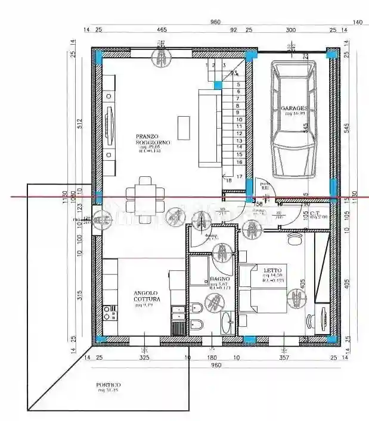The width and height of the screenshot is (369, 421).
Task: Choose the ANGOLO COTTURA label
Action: pyautogui.click(x=145, y=296)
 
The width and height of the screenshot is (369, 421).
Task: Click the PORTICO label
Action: pyautogui.click(x=108, y=385)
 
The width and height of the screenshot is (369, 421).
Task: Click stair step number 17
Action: pyautogui.click(x=238, y=177)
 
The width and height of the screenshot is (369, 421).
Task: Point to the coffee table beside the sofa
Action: pyautogui.click(x=183, y=127)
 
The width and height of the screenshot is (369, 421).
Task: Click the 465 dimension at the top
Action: pyautogui.click(x=162, y=29)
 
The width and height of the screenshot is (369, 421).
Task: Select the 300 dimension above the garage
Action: pyautogui.click(x=290, y=29)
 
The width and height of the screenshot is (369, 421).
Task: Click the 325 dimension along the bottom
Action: pyautogui.click(x=144, y=358)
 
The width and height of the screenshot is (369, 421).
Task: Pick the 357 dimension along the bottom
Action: pyautogui.click(x=284, y=358)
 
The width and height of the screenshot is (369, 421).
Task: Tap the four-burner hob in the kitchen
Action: pyautogui.click(x=109, y=312)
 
